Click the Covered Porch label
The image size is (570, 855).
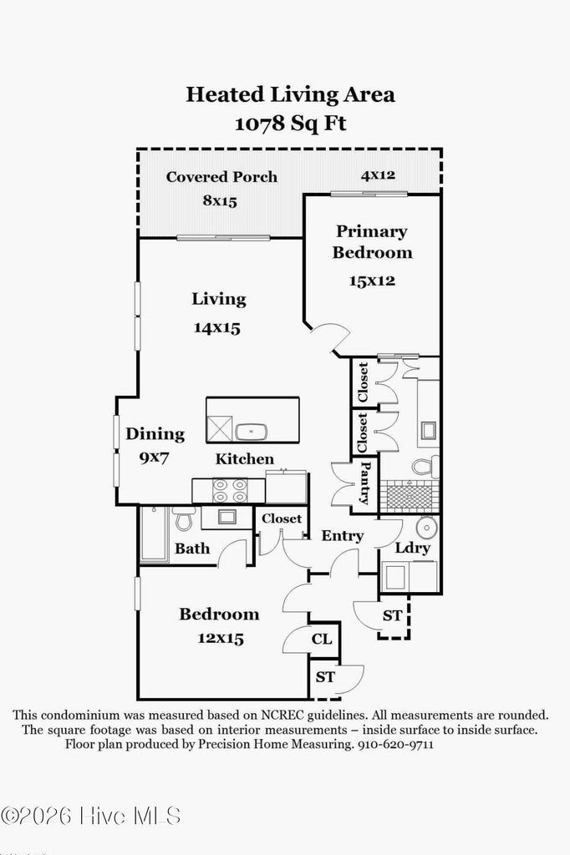click(221, 177)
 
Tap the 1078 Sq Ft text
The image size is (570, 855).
click(290, 124)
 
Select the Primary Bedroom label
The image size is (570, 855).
click(372, 241)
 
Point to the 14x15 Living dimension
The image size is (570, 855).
click(217, 328)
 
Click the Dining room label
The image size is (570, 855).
click(155, 434)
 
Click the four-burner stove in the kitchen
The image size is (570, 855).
click(230, 490)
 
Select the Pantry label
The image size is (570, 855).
click(365, 484)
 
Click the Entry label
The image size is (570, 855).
click(342, 536)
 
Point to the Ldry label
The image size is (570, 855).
click(412, 548)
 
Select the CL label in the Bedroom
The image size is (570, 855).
click(322, 640)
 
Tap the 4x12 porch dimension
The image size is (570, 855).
click(378, 175)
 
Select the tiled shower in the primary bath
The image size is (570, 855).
click(410, 496)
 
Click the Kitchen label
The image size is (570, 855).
click(245, 458)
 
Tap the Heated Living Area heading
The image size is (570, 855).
click(290, 94)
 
